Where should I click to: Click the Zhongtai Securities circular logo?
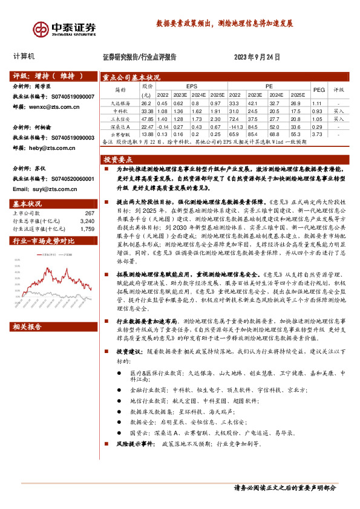pyautogui.click(x=41, y=29)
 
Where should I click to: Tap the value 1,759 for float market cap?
pyautogui.click(x=87, y=229)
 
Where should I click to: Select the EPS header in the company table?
pyautogui.click(x=192, y=86)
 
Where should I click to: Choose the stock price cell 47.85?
pyautogui.click(x=147, y=119)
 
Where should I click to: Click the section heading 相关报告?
pyautogui.click(x=27, y=327)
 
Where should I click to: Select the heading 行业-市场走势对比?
pyautogui.click(x=43, y=241)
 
